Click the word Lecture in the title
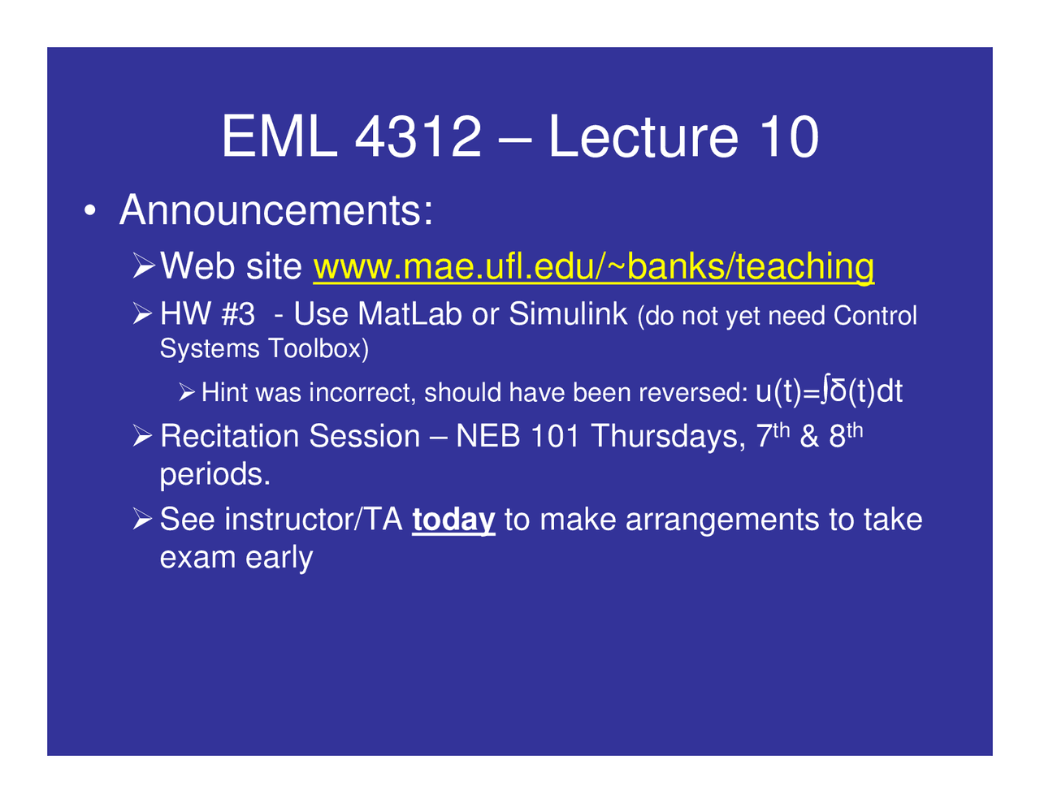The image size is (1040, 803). coord(643,136)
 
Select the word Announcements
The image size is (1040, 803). coord(275,210)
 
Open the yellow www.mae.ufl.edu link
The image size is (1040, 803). coord(593,266)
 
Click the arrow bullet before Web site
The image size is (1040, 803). coord(144,266)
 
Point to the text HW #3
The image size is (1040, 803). coord(207,314)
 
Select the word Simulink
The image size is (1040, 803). coord(568,314)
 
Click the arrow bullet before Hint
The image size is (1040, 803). coord(187,394)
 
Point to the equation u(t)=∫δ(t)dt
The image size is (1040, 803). coord(828,391)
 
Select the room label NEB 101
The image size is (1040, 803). coord(518,437)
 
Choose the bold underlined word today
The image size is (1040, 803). coord(453,520)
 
